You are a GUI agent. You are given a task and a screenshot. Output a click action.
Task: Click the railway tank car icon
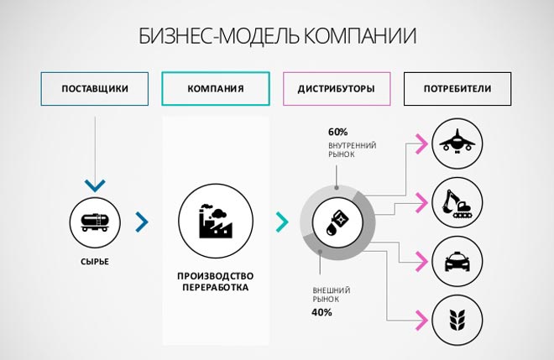(x=95, y=222)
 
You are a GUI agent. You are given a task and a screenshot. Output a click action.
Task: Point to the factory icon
(x=216, y=221)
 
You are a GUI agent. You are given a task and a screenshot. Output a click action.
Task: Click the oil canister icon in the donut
(x=337, y=222)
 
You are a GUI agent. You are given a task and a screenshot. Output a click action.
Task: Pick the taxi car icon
(x=457, y=261)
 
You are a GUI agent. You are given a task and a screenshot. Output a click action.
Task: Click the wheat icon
(x=457, y=320)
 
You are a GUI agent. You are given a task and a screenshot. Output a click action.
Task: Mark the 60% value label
(x=337, y=132)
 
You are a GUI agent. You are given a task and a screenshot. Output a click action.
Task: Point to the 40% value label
(x=321, y=312)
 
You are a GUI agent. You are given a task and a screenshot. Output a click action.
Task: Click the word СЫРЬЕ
(x=95, y=262)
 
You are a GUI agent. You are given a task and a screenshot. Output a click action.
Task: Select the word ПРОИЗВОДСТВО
(x=216, y=276)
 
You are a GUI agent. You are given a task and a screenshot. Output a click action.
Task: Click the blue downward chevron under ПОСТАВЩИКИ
(x=95, y=185)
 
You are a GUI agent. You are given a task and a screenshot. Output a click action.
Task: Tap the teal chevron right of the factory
(x=283, y=222)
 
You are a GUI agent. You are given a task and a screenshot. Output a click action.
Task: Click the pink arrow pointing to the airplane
(x=422, y=143)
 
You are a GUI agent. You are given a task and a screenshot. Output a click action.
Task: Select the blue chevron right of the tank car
(x=142, y=222)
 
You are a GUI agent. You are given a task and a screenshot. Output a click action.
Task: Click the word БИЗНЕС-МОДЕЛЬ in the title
(x=218, y=36)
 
